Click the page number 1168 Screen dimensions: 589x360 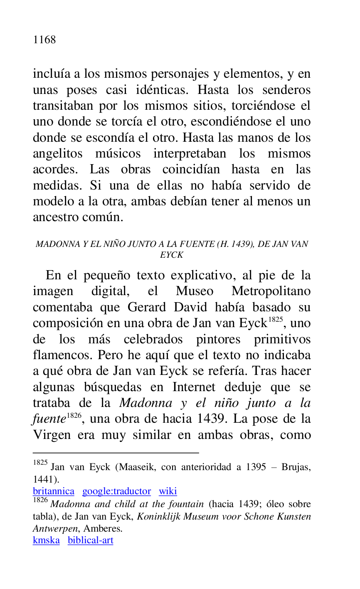[44, 40]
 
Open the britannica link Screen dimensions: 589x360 [53, 491]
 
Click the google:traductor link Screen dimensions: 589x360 [116, 491]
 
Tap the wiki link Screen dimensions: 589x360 [168, 491]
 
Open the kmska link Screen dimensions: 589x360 [46, 540]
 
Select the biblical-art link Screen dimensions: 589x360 [90, 540]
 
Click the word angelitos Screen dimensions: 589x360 [57, 154]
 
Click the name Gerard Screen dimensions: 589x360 [144, 308]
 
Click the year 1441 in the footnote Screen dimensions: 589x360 [44, 478]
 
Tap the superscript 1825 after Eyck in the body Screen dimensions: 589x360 [275, 319]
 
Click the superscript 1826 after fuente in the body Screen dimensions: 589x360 [74, 415]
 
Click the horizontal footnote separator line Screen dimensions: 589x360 [116, 452]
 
